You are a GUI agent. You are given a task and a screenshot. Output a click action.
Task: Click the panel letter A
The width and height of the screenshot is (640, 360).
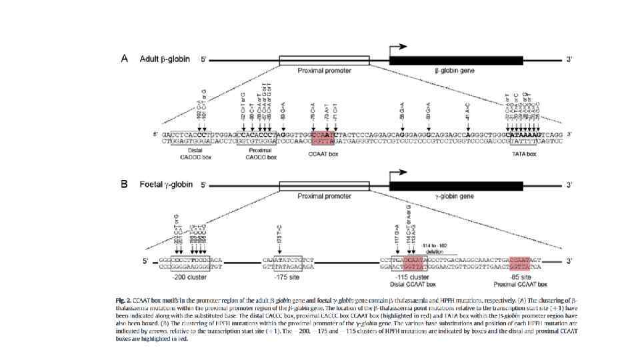pyautogui.click(x=124, y=59)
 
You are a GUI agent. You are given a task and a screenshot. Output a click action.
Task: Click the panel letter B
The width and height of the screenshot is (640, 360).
pyautogui.click(x=124, y=185)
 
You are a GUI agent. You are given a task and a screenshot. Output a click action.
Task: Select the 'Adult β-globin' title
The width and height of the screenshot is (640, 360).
pyautogui.click(x=165, y=59)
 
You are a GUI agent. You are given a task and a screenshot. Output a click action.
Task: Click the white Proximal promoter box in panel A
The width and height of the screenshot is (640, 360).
pyautogui.click(x=324, y=60)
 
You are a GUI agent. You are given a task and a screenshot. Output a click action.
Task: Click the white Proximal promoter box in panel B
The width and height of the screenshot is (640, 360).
pyautogui.click(x=324, y=186)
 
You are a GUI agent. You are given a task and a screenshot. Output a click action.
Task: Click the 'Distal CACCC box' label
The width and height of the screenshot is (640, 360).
pyautogui.click(x=181, y=153)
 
